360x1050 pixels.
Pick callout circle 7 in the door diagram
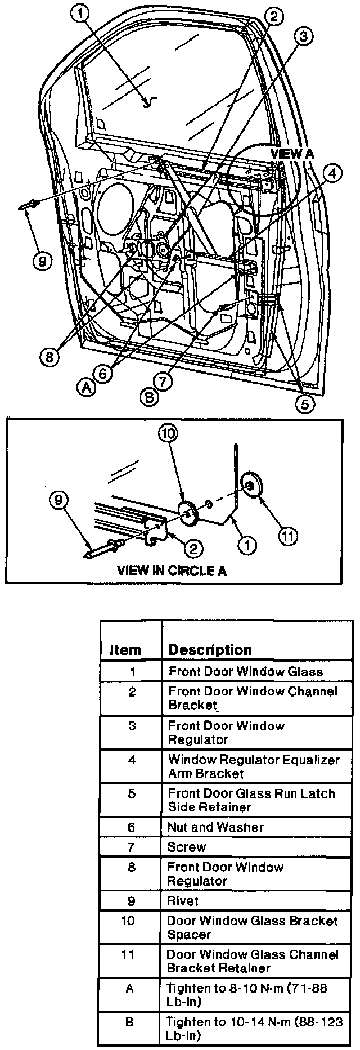tap(163, 382)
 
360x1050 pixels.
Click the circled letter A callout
tap(85, 387)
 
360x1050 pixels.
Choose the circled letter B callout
tap(148, 397)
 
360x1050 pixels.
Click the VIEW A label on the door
tap(292, 153)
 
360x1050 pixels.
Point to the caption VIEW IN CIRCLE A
tap(172, 570)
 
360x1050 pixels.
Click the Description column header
tap(210, 649)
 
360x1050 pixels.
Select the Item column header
tap(125, 650)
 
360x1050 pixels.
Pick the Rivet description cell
tap(183, 900)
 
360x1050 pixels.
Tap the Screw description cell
tap(187, 847)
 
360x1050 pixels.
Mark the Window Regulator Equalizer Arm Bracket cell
tap(253, 766)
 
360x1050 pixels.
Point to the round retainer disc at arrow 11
tap(250, 484)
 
